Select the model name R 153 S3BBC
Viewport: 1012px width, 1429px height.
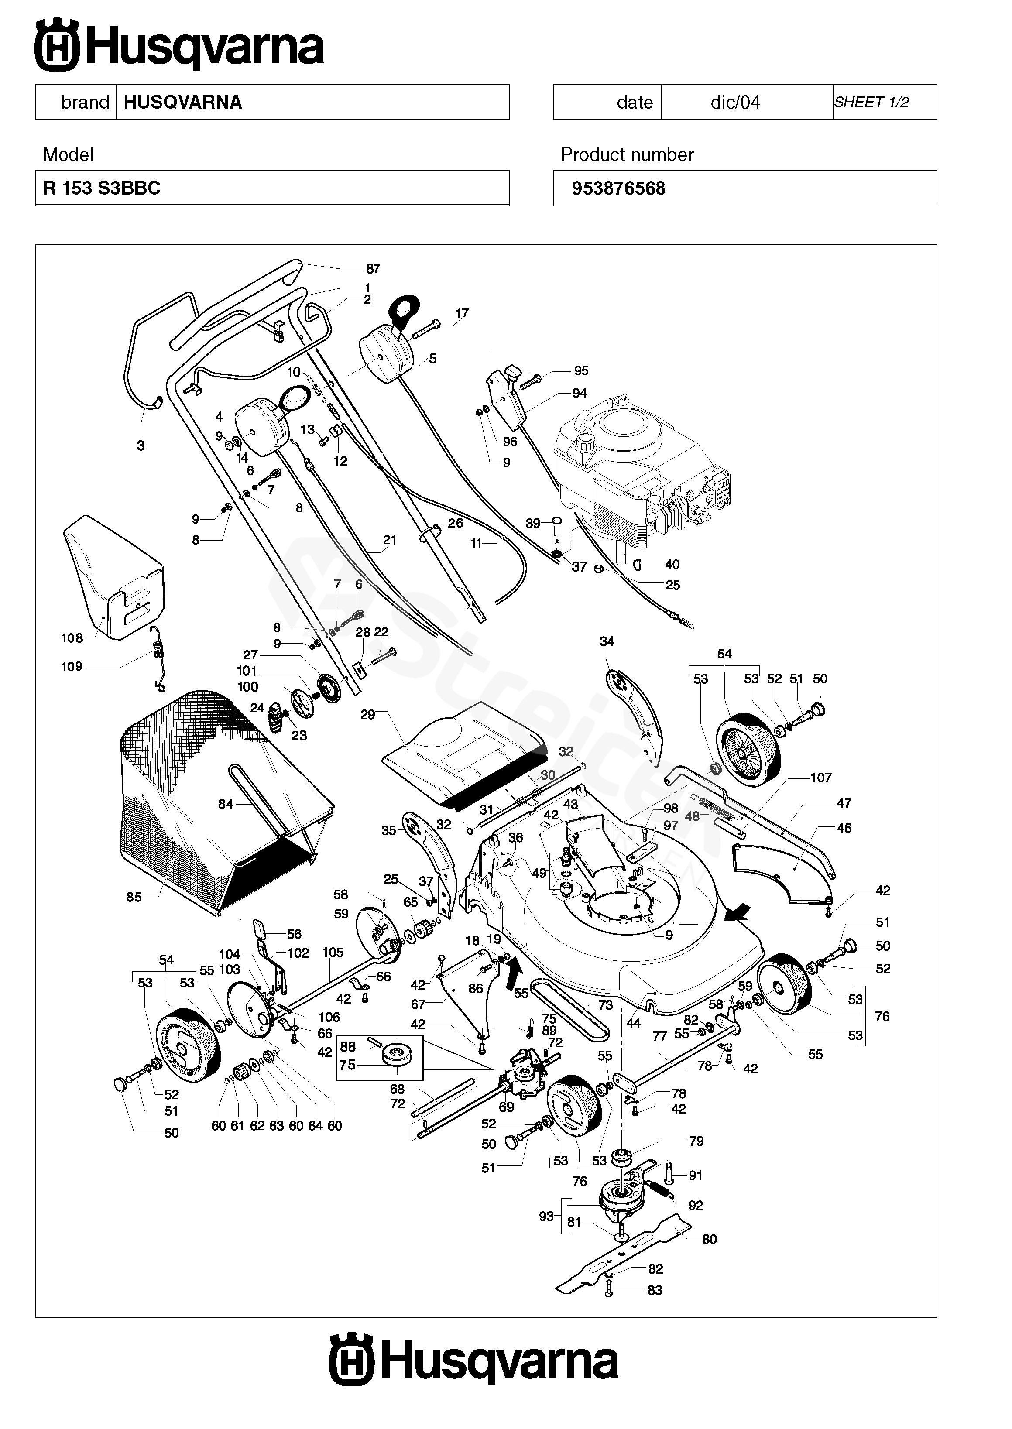click(x=102, y=188)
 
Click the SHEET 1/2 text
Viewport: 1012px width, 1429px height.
click(x=871, y=102)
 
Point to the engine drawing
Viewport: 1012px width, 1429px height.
click(x=642, y=473)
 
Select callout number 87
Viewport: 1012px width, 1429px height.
click(x=373, y=268)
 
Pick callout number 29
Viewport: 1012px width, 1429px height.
click(x=367, y=715)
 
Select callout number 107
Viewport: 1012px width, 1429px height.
click(x=821, y=778)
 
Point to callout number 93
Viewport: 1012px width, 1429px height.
click(x=546, y=1216)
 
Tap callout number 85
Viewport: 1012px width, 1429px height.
click(x=134, y=897)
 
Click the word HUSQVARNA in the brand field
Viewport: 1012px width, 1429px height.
click(x=182, y=102)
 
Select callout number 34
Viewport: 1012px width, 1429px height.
click(x=607, y=641)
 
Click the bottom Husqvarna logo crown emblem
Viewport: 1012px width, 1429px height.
click(x=351, y=1359)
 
